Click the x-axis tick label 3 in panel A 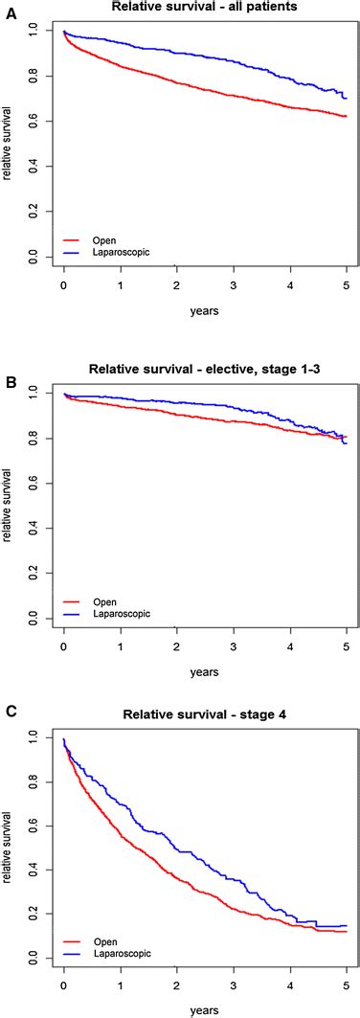(233, 285)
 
